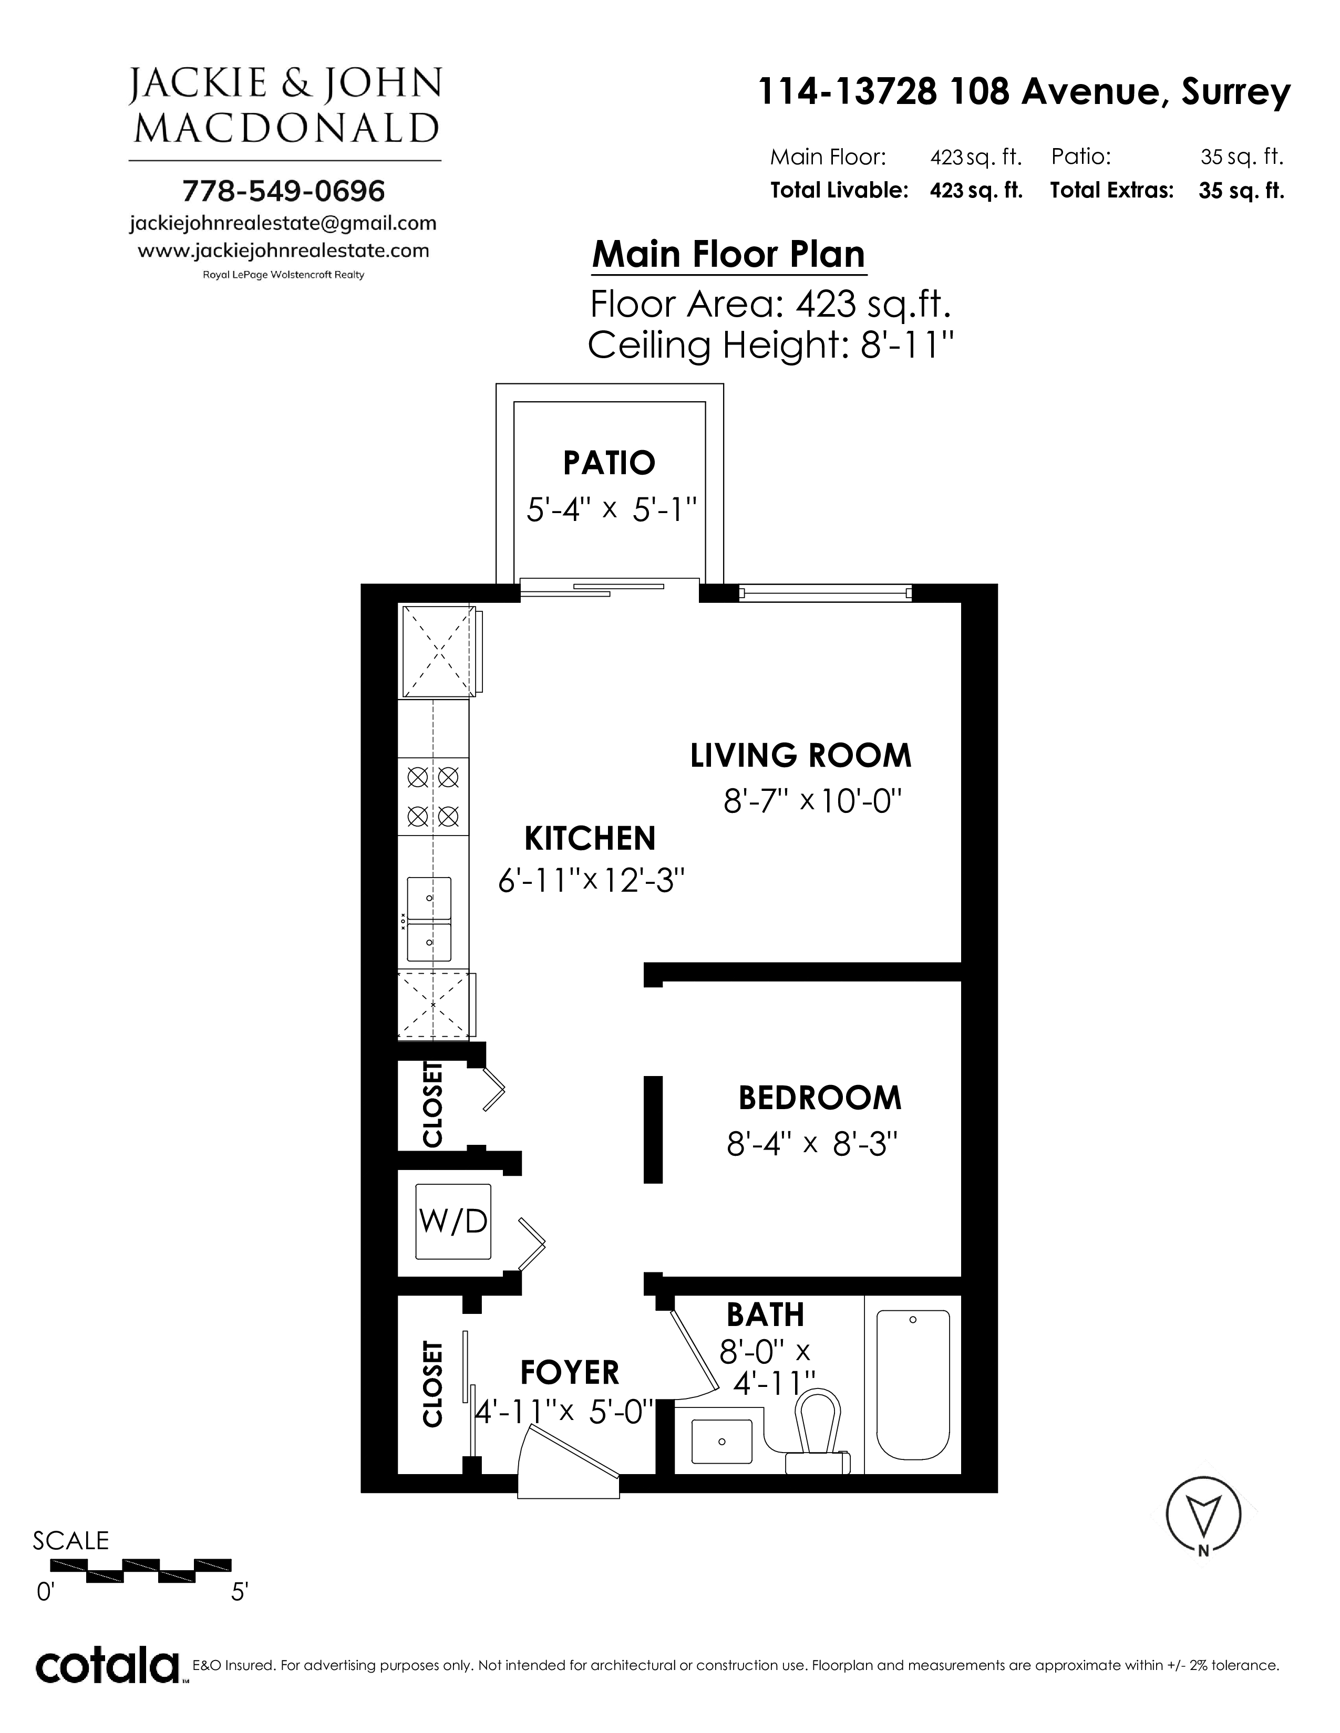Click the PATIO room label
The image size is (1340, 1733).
click(x=609, y=463)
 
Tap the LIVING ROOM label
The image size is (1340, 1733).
click(x=801, y=755)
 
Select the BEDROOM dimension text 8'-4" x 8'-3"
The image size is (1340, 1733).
click(x=812, y=1144)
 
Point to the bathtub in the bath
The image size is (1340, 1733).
click(x=913, y=1384)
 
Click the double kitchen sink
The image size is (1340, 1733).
click(x=429, y=920)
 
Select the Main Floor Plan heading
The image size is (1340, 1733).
click(x=729, y=255)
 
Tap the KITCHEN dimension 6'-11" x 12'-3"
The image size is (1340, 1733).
click(x=591, y=880)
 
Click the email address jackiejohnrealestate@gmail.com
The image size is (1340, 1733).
click(x=283, y=224)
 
